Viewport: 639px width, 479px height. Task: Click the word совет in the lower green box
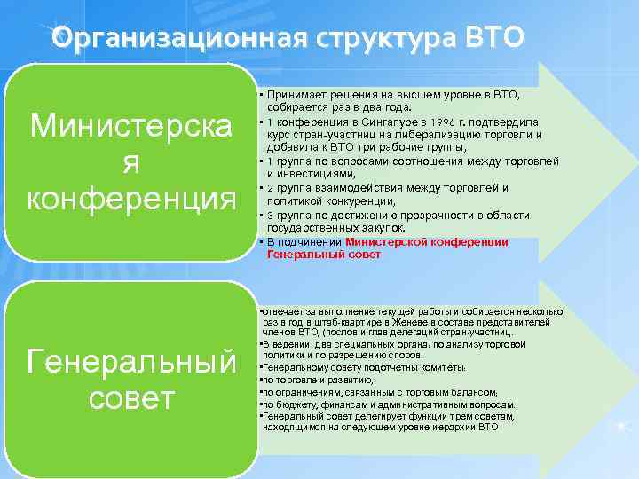click(131, 398)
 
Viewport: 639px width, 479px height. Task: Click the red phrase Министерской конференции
click(426, 241)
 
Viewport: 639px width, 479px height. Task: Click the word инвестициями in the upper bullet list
click(311, 175)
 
